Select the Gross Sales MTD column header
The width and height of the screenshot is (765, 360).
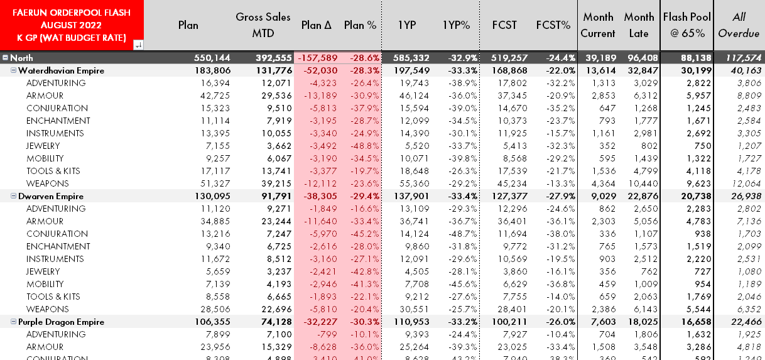(263, 25)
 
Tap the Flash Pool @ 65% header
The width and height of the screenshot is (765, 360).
(687, 25)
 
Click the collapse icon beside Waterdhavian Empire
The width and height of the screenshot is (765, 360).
(13, 70)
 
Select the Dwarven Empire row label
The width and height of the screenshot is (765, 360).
(51, 196)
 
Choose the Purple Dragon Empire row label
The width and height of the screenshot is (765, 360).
(62, 322)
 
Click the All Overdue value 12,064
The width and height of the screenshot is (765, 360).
(744, 183)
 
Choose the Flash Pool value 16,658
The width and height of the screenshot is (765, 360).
(695, 322)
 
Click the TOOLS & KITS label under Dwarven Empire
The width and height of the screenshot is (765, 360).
(53, 297)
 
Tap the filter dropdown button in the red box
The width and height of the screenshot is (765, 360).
(138, 43)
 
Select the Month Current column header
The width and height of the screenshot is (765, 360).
(597, 25)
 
